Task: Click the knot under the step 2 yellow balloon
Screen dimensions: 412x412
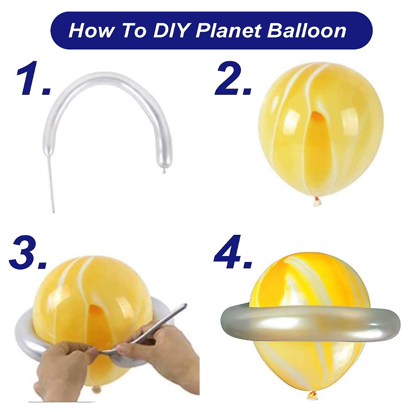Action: pyautogui.click(x=316, y=202)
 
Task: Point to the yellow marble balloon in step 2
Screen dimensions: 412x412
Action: pyautogui.click(x=319, y=130)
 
